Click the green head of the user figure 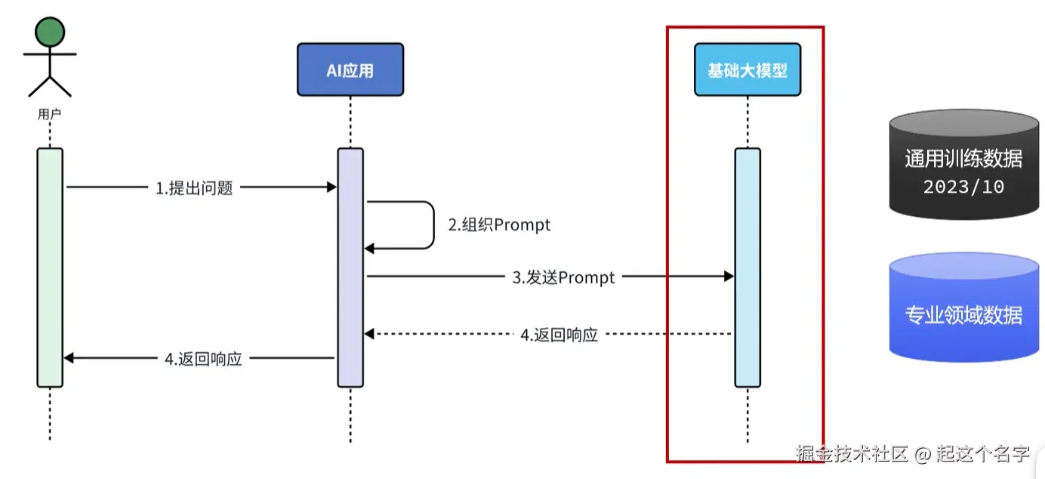pos(50,32)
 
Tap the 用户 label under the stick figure pos(50,114)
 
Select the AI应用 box pos(350,70)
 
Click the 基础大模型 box pos(747,70)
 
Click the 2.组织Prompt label pos(499,224)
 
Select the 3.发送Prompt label pos(564,277)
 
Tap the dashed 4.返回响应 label pos(559,335)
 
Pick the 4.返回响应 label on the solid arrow pos(203,359)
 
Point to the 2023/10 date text pos(963,186)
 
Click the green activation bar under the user pos(50,267)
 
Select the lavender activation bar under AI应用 pos(350,267)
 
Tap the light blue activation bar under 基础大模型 pos(748,267)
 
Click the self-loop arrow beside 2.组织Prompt pos(433,224)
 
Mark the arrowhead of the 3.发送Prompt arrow pos(729,277)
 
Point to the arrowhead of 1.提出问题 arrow pos(331,187)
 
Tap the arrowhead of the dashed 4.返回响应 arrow pos(370,333)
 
